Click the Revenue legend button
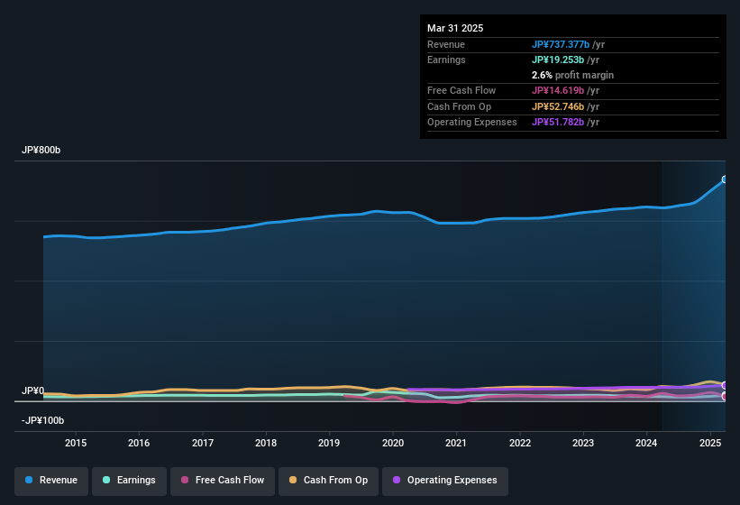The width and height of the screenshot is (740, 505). (x=52, y=480)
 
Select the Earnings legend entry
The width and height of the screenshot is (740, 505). (x=130, y=480)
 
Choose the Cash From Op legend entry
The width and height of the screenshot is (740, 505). (x=329, y=480)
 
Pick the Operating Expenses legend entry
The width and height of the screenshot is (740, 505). (x=445, y=480)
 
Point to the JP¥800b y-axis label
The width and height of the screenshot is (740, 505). (x=41, y=151)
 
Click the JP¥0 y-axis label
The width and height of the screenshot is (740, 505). (x=32, y=391)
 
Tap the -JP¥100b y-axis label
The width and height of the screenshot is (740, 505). (x=43, y=420)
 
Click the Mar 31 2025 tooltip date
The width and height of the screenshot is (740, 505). (x=455, y=28)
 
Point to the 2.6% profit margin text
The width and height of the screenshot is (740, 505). (x=572, y=75)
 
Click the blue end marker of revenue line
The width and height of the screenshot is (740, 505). (x=725, y=179)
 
